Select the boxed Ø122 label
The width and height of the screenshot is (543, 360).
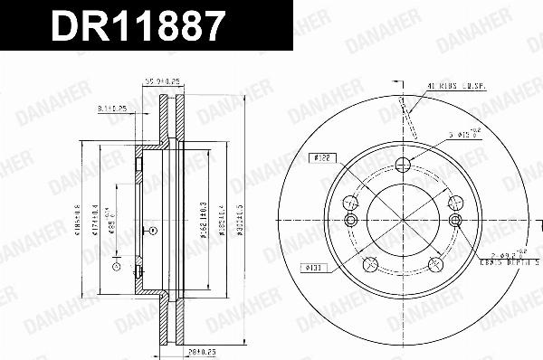click(319, 156)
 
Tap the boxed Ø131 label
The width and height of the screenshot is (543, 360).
click(311, 266)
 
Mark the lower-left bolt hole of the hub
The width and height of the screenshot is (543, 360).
click(369, 264)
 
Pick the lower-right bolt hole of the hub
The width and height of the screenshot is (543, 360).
click(436, 264)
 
